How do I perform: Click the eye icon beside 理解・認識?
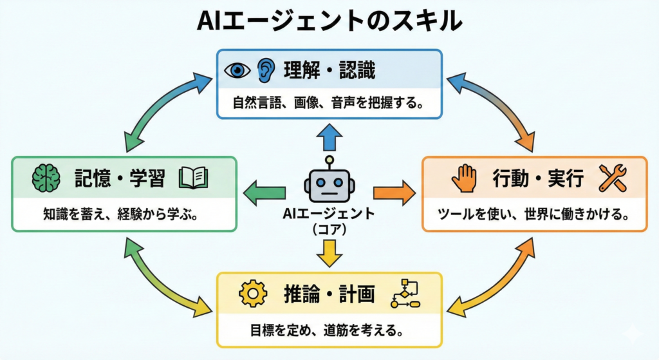[237, 70]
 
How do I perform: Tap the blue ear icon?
[266, 69]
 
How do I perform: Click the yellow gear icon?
[252, 294]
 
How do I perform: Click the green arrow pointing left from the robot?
[265, 191]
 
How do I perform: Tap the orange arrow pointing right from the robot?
[394, 191]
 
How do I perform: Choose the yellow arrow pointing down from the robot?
[329, 252]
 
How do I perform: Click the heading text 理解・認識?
[329, 70]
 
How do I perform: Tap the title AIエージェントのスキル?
[329, 21]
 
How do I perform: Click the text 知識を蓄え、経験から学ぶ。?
[120, 214]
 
